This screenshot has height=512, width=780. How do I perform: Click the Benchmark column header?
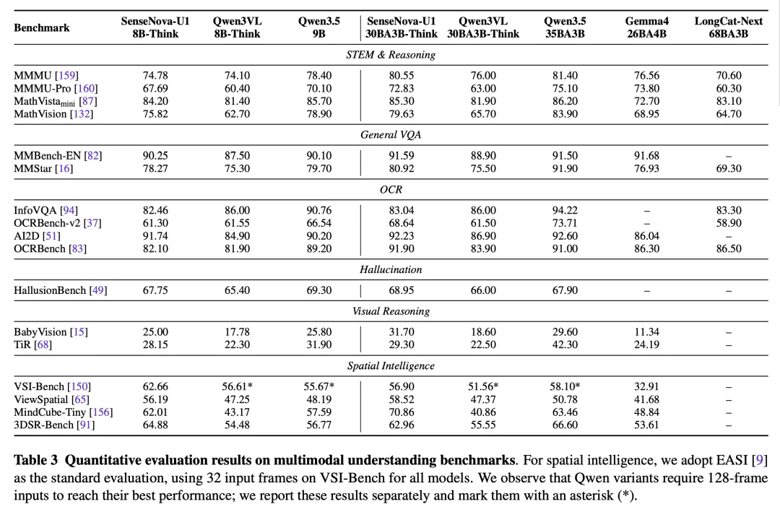[x=42, y=28]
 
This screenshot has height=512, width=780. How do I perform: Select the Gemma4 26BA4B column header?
[x=646, y=27]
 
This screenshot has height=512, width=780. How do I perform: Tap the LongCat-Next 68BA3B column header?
[x=728, y=27]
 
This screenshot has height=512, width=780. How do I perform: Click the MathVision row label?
[x=53, y=114]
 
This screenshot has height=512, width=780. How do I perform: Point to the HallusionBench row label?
[x=60, y=290]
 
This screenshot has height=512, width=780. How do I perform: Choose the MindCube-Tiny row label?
[x=63, y=412]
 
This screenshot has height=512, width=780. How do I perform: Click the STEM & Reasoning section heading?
[x=391, y=55]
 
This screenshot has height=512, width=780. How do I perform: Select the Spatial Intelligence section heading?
[x=391, y=365]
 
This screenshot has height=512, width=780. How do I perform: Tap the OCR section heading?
[x=391, y=190]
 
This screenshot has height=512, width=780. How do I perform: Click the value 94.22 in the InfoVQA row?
[x=565, y=210]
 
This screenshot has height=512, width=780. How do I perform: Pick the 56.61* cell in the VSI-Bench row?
[x=238, y=386]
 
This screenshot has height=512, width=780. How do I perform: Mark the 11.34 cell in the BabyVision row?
[x=646, y=332]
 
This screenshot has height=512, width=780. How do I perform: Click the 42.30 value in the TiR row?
[x=565, y=344]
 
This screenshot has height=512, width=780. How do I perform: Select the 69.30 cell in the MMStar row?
[x=728, y=169]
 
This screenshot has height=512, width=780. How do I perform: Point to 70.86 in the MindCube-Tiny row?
[x=402, y=412]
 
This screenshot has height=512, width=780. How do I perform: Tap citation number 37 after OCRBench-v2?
[x=92, y=223]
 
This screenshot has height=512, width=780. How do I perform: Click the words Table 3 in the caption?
[x=36, y=460]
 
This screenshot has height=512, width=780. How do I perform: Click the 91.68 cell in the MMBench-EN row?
[x=646, y=156]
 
